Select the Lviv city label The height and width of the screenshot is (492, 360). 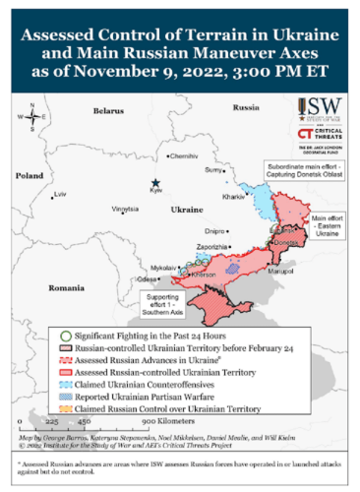pyautogui.click(x=61, y=195)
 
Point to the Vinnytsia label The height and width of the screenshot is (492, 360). pyautogui.click(x=125, y=210)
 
